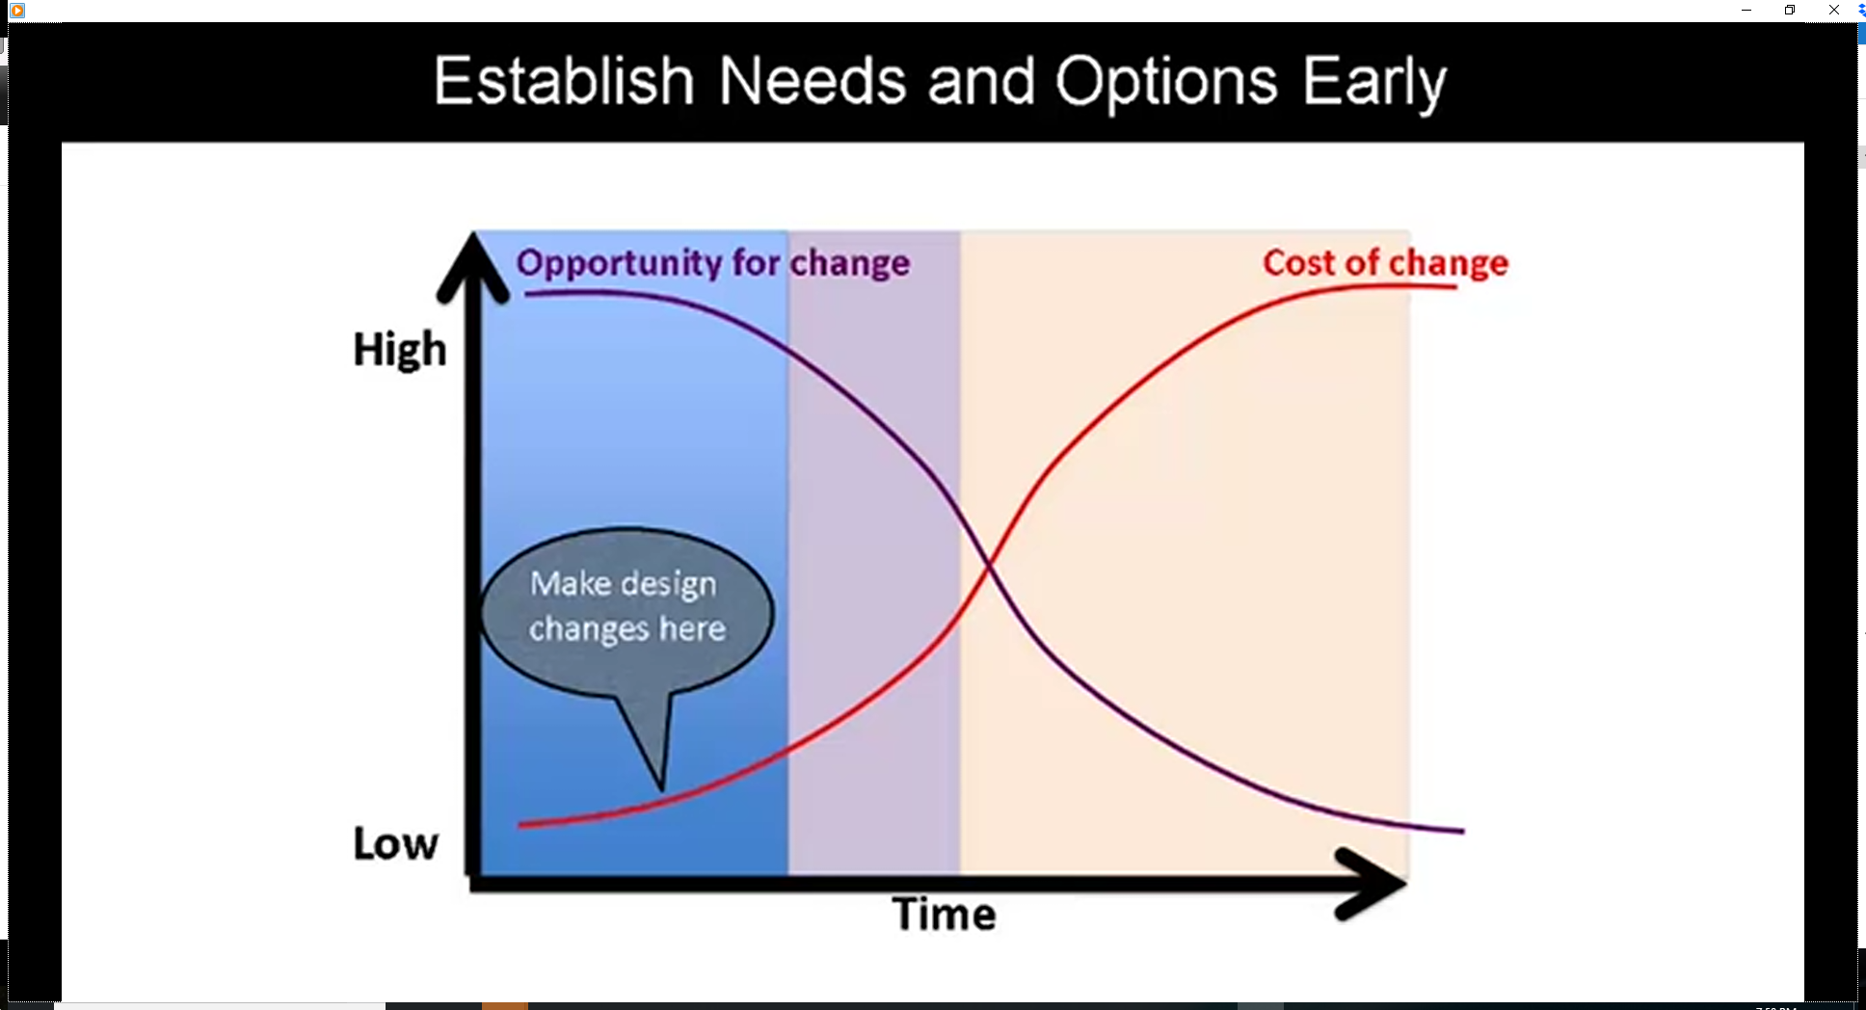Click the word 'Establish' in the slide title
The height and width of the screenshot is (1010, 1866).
[564, 80]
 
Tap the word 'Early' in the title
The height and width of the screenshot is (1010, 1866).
[1374, 84]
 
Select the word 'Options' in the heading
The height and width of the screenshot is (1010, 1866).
[1166, 84]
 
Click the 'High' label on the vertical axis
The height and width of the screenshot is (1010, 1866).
[400, 350]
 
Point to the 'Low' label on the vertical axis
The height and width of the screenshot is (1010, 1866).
[395, 843]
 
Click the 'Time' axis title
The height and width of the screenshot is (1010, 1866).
[944, 914]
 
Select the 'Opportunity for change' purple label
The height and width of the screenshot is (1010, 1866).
[713, 263]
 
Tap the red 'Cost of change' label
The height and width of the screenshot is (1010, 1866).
[1385, 263]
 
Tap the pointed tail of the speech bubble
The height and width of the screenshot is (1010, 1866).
[662, 789]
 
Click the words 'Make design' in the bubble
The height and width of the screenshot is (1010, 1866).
[624, 584]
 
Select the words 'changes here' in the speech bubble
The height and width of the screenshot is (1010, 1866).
[626, 628]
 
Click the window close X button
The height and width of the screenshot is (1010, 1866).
[1833, 10]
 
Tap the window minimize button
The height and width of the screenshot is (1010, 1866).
[1746, 10]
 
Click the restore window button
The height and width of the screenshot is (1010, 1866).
[1790, 10]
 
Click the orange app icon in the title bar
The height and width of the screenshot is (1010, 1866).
[17, 10]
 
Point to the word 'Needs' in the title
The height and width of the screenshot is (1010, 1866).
[812, 80]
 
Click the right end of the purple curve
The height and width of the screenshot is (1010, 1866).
[1463, 830]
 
